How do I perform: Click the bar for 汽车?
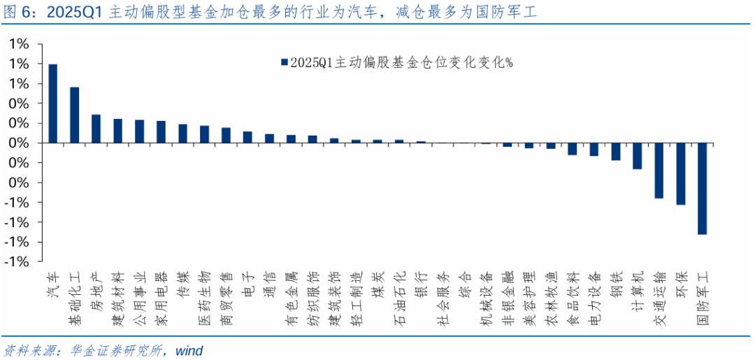coord(53,103)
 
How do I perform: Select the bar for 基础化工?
coord(75,115)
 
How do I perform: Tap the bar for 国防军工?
coord(702,188)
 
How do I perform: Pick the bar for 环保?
coord(680,173)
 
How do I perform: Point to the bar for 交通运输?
coord(659,171)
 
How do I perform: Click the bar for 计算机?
coord(637,156)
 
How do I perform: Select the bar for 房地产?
coord(96,129)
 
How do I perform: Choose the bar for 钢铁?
coord(615,151)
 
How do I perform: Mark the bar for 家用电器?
coord(161,131)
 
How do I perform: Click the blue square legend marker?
coord(284,63)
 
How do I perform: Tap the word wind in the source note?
coord(189,350)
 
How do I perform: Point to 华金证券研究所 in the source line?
coord(113,350)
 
